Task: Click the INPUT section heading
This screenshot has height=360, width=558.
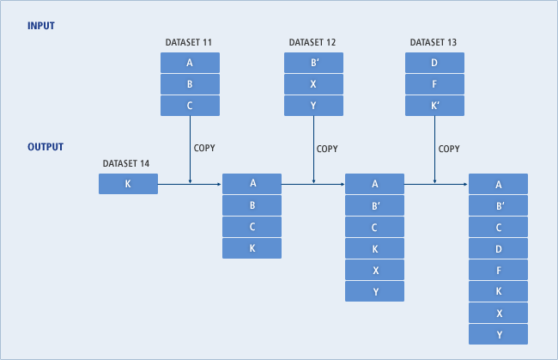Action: pyautogui.click(x=40, y=26)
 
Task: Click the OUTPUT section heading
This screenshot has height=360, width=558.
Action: pyautogui.click(x=45, y=147)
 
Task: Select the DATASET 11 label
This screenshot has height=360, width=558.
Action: pyautogui.click(x=190, y=42)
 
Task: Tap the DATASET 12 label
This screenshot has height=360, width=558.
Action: pyautogui.click(x=313, y=42)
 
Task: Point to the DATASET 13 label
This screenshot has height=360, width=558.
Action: pyautogui.click(x=434, y=42)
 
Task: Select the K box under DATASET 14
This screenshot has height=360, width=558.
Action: pyautogui.click(x=128, y=184)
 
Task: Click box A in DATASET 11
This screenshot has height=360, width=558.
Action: pyautogui.click(x=190, y=62)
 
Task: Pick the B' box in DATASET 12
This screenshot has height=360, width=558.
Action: pyautogui.click(x=313, y=62)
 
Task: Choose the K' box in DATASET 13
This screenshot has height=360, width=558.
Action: pyautogui.click(x=434, y=105)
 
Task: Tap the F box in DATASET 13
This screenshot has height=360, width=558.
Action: pyautogui.click(x=434, y=83)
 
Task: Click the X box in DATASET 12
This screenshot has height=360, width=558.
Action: pyautogui.click(x=313, y=83)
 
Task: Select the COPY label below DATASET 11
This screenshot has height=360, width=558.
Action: pyautogui.click(x=204, y=148)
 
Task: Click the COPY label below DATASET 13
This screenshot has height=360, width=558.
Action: pyautogui.click(x=449, y=148)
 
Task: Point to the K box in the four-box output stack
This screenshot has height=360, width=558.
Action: pyautogui.click(x=252, y=248)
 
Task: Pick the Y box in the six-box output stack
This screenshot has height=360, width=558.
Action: pyautogui.click(x=374, y=291)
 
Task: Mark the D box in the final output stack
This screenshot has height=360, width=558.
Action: pyautogui.click(x=498, y=248)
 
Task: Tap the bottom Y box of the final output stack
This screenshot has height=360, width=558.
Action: pyautogui.click(x=498, y=334)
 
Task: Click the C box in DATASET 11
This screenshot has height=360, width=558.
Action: pyautogui.click(x=190, y=105)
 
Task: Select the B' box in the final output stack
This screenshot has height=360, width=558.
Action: pyautogui.click(x=498, y=205)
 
